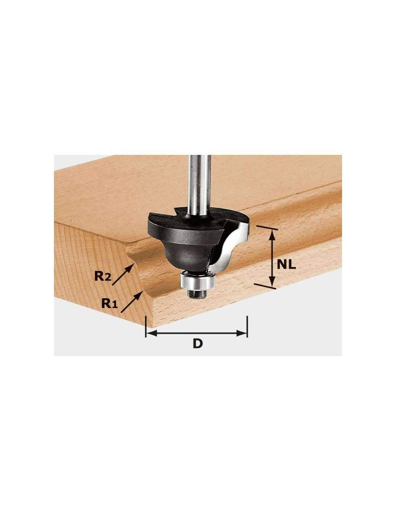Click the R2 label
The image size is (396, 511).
102,276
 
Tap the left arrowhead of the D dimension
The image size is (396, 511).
150,333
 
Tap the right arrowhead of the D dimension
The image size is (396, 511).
242,333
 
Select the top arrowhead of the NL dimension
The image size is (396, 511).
272,234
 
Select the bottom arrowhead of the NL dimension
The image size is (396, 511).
272,282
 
